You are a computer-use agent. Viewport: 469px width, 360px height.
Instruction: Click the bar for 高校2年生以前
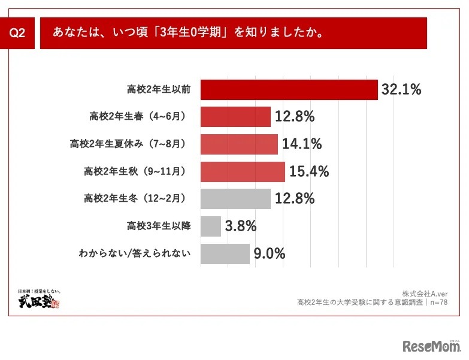pyautogui.click(x=289, y=90)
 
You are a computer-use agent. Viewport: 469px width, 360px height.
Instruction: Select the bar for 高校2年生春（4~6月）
pyautogui.click(x=235, y=117)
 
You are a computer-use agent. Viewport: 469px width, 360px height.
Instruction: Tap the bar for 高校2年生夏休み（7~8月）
pyautogui.click(x=239, y=144)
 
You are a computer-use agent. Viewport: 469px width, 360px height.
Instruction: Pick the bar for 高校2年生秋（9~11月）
pyautogui.click(x=243, y=172)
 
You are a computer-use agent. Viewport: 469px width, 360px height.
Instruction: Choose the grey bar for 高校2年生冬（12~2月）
pyautogui.click(x=235, y=199)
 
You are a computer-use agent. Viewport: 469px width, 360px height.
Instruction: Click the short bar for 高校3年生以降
pyautogui.click(x=211, y=226)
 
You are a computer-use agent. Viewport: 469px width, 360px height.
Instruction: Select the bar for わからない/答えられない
pyautogui.click(x=225, y=253)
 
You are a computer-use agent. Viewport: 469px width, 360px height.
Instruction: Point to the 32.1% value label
pyautogui.click(x=401, y=90)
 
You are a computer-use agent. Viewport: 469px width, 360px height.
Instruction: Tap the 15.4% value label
pyautogui.click(x=309, y=172)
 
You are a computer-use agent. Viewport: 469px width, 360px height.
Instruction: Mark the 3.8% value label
pyautogui.click(x=240, y=226)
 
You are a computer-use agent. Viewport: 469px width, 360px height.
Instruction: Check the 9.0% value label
pyautogui.click(x=269, y=253)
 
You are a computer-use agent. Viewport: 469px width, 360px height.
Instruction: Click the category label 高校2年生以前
pyautogui.click(x=159, y=90)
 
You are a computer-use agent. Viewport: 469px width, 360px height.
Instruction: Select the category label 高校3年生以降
pyautogui.click(x=159, y=226)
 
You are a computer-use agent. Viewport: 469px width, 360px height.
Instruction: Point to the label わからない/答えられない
pyautogui.click(x=135, y=253)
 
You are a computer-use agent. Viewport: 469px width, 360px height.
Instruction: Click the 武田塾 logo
pyautogui.click(x=39, y=300)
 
